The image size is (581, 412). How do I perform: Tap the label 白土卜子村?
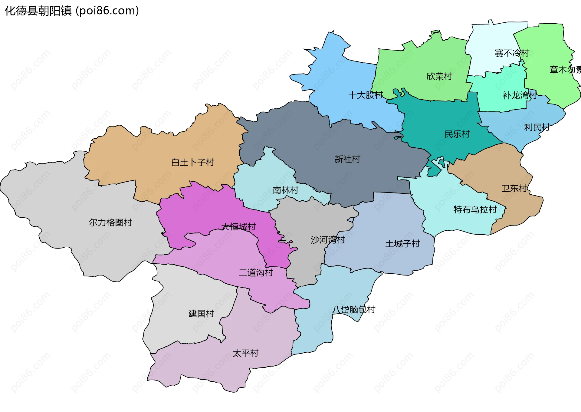point(192,163)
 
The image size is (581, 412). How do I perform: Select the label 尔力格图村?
point(110,222)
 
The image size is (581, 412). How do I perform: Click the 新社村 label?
point(347,159)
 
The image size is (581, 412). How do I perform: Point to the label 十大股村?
point(366,95)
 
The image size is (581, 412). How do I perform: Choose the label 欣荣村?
point(439,76)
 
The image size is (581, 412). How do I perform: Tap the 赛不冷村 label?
point(512,53)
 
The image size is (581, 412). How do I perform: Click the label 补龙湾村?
point(520,95)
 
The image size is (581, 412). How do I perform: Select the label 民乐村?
point(457,134)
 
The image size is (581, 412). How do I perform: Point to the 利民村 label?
point(537,127)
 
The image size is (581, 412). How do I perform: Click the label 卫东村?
point(514,188)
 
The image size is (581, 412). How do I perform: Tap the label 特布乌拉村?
point(475,209)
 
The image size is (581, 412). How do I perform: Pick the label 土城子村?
point(402,244)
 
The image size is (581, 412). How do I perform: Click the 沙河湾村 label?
point(328,240)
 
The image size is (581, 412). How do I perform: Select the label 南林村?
point(285,190)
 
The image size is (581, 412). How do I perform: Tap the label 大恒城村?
point(238,226)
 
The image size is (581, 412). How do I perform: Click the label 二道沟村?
point(256,272)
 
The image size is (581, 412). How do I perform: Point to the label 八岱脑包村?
point(353,309)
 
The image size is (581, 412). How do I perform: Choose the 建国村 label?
point(201,313)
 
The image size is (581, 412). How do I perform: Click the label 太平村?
point(245,353)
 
